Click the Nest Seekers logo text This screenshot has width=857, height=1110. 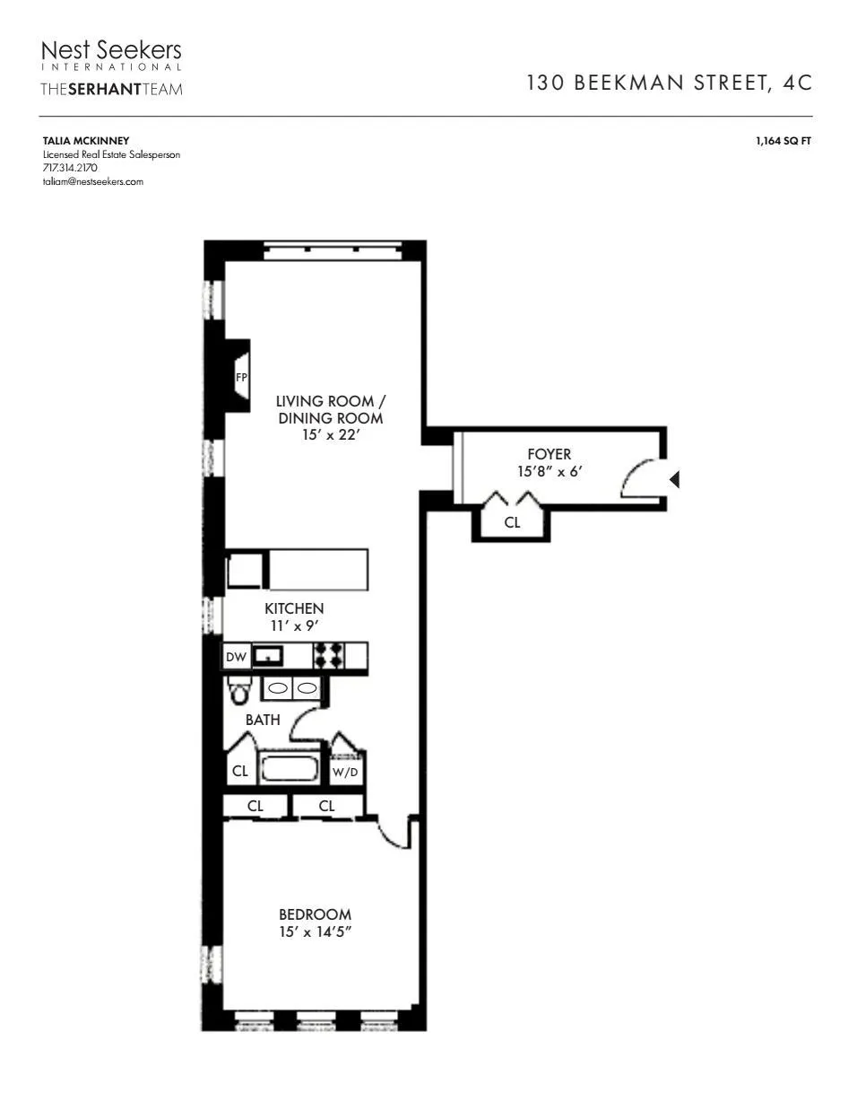pos(111,50)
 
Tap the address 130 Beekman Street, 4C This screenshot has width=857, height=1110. pos(669,83)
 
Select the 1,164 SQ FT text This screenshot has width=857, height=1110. pos(783,141)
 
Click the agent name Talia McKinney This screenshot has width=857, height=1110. pos(86,141)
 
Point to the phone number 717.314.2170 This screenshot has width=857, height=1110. pos(70,168)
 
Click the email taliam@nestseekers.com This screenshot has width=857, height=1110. pos(93,181)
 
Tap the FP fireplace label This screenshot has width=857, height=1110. pos(241,378)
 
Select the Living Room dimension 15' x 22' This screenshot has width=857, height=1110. pos(330,435)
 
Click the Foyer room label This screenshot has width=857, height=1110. pos(549,454)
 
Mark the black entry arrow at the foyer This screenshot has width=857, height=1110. pos(674,480)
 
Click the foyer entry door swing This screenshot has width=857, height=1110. pos(640,478)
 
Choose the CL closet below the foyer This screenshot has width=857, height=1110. pos(512,522)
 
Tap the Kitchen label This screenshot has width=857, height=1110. pos(294,608)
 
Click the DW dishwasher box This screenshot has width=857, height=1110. pos(236,657)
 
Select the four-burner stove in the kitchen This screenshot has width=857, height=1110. pos(329,656)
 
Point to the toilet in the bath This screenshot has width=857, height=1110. pos(238,691)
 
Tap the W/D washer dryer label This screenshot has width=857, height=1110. pos(345,772)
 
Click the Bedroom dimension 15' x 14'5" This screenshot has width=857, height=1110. pos(315,931)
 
